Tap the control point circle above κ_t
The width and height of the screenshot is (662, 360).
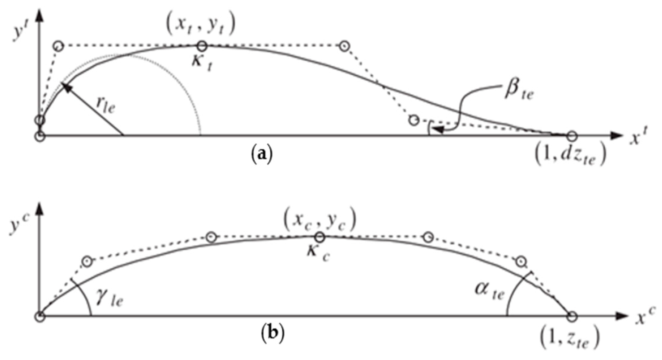pyautogui.click(x=202, y=46)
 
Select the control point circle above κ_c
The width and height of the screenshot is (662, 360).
pyautogui.click(x=320, y=238)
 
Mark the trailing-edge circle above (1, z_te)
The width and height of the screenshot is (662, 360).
pyautogui.click(x=572, y=316)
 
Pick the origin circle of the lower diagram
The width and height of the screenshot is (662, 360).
pyautogui.click(x=40, y=316)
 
